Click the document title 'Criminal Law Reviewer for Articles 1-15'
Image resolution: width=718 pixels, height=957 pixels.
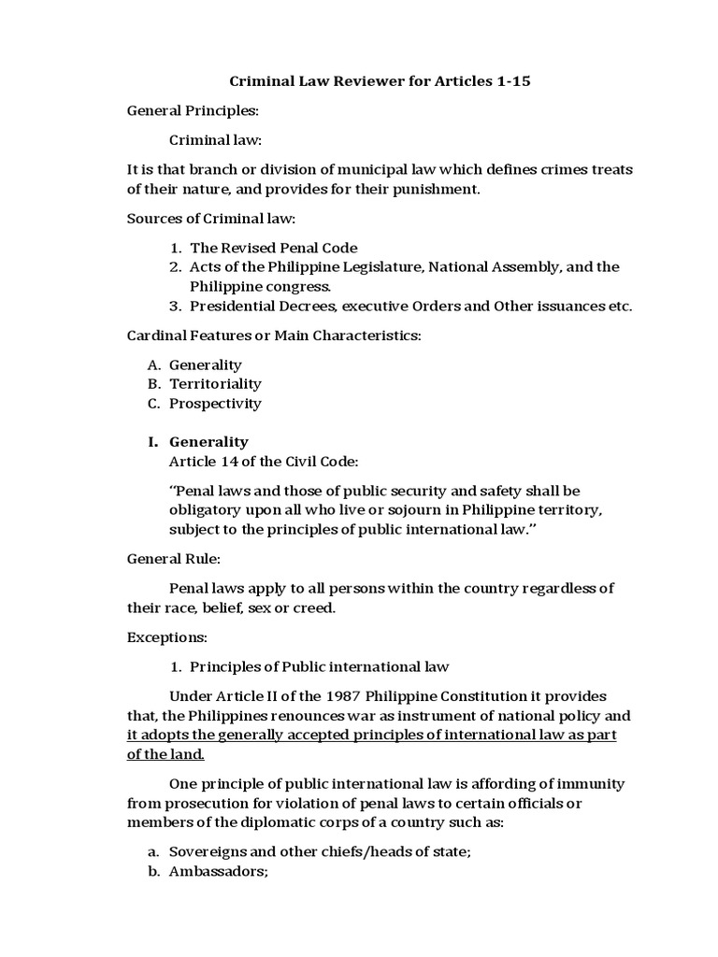point(380,81)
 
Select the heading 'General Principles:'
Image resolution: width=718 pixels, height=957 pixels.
point(193,111)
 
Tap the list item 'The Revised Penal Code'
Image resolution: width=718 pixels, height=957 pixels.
point(273,248)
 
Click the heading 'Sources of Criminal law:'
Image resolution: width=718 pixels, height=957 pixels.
point(211,219)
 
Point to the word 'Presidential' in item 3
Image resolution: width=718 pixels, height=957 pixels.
point(231,306)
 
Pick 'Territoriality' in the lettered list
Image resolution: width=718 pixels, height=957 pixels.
point(215,384)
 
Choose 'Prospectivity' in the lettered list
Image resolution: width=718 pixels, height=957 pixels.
point(215,404)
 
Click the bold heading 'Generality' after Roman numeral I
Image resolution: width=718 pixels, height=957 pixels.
point(208,442)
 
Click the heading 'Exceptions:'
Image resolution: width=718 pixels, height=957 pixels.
point(166,638)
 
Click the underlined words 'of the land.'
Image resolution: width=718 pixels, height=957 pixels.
point(165,754)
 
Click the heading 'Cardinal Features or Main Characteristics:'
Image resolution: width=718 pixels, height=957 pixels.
point(274,336)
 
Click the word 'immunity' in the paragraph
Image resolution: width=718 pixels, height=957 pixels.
point(593,784)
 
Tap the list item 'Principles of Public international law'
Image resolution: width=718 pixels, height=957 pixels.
point(320,667)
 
